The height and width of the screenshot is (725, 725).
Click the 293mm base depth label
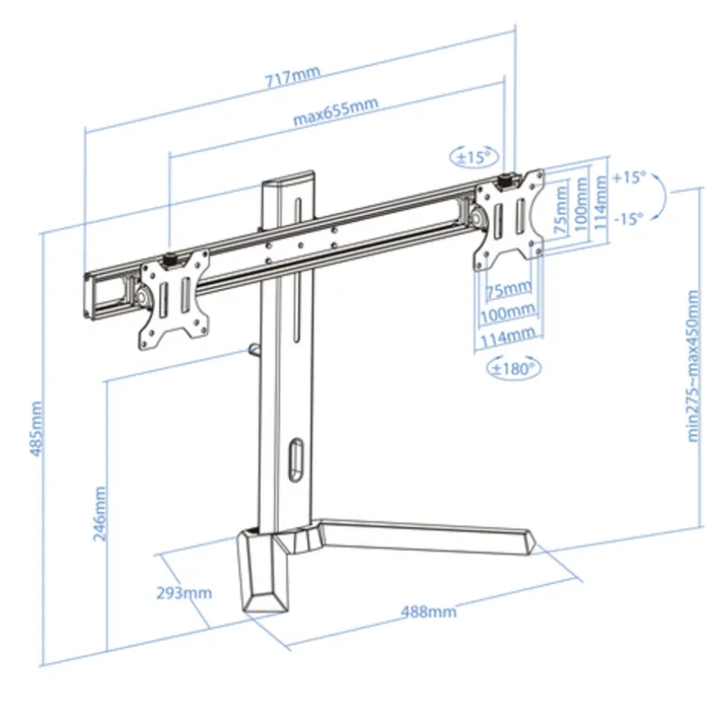point(185,592)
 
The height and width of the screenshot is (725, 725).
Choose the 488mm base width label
point(428,611)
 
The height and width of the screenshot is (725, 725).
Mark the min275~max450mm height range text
point(694,365)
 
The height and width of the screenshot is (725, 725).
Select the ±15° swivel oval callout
point(475,155)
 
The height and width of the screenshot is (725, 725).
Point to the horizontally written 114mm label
point(509,334)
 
